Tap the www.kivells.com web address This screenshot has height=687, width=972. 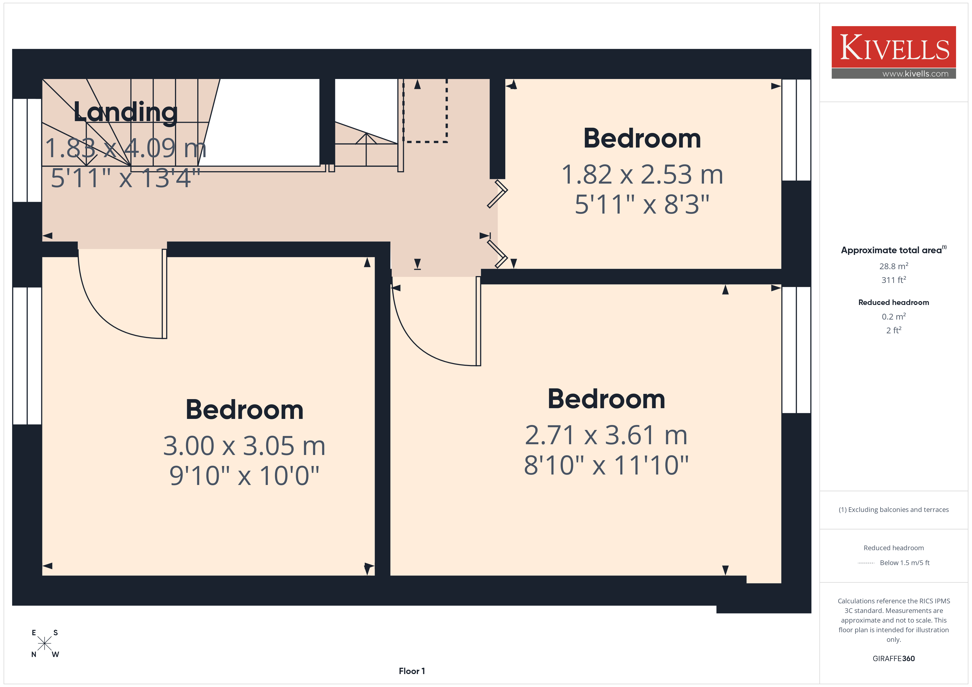[x=915, y=73]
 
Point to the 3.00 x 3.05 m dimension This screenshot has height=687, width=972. [x=244, y=446]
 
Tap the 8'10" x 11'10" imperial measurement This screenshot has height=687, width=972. [x=606, y=465]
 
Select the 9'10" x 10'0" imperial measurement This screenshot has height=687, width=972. [x=244, y=476]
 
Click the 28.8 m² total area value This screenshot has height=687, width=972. [x=894, y=266]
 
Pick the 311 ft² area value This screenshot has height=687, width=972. [x=894, y=280]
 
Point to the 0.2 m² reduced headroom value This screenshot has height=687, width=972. [x=894, y=317]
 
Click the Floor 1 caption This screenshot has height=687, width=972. [x=412, y=671]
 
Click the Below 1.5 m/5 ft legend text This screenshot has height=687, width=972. [x=905, y=563]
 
